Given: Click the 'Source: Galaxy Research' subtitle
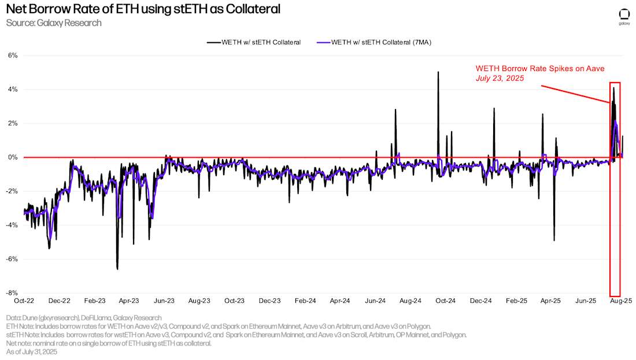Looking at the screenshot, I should [54, 23].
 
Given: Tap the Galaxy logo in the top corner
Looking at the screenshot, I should [624, 16].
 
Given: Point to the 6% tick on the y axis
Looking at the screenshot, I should [13, 55].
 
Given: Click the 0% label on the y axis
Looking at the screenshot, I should [13, 157].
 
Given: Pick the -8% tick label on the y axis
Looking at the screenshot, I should [12, 293].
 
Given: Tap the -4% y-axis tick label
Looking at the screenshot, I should [12, 225].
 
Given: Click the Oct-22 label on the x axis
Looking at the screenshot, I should [24, 301].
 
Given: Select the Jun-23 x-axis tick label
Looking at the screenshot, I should [164, 301].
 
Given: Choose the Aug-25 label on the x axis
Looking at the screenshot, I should [622, 301].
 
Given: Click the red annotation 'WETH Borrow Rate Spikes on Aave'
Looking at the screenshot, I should [540, 68].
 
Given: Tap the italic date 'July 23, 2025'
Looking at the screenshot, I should [500, 78].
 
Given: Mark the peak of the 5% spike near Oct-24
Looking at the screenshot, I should [438, 72].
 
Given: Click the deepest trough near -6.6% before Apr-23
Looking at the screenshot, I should [117, 269].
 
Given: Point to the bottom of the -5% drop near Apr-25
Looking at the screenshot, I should [554, 240].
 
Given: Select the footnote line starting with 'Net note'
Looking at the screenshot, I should [109, 343].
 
